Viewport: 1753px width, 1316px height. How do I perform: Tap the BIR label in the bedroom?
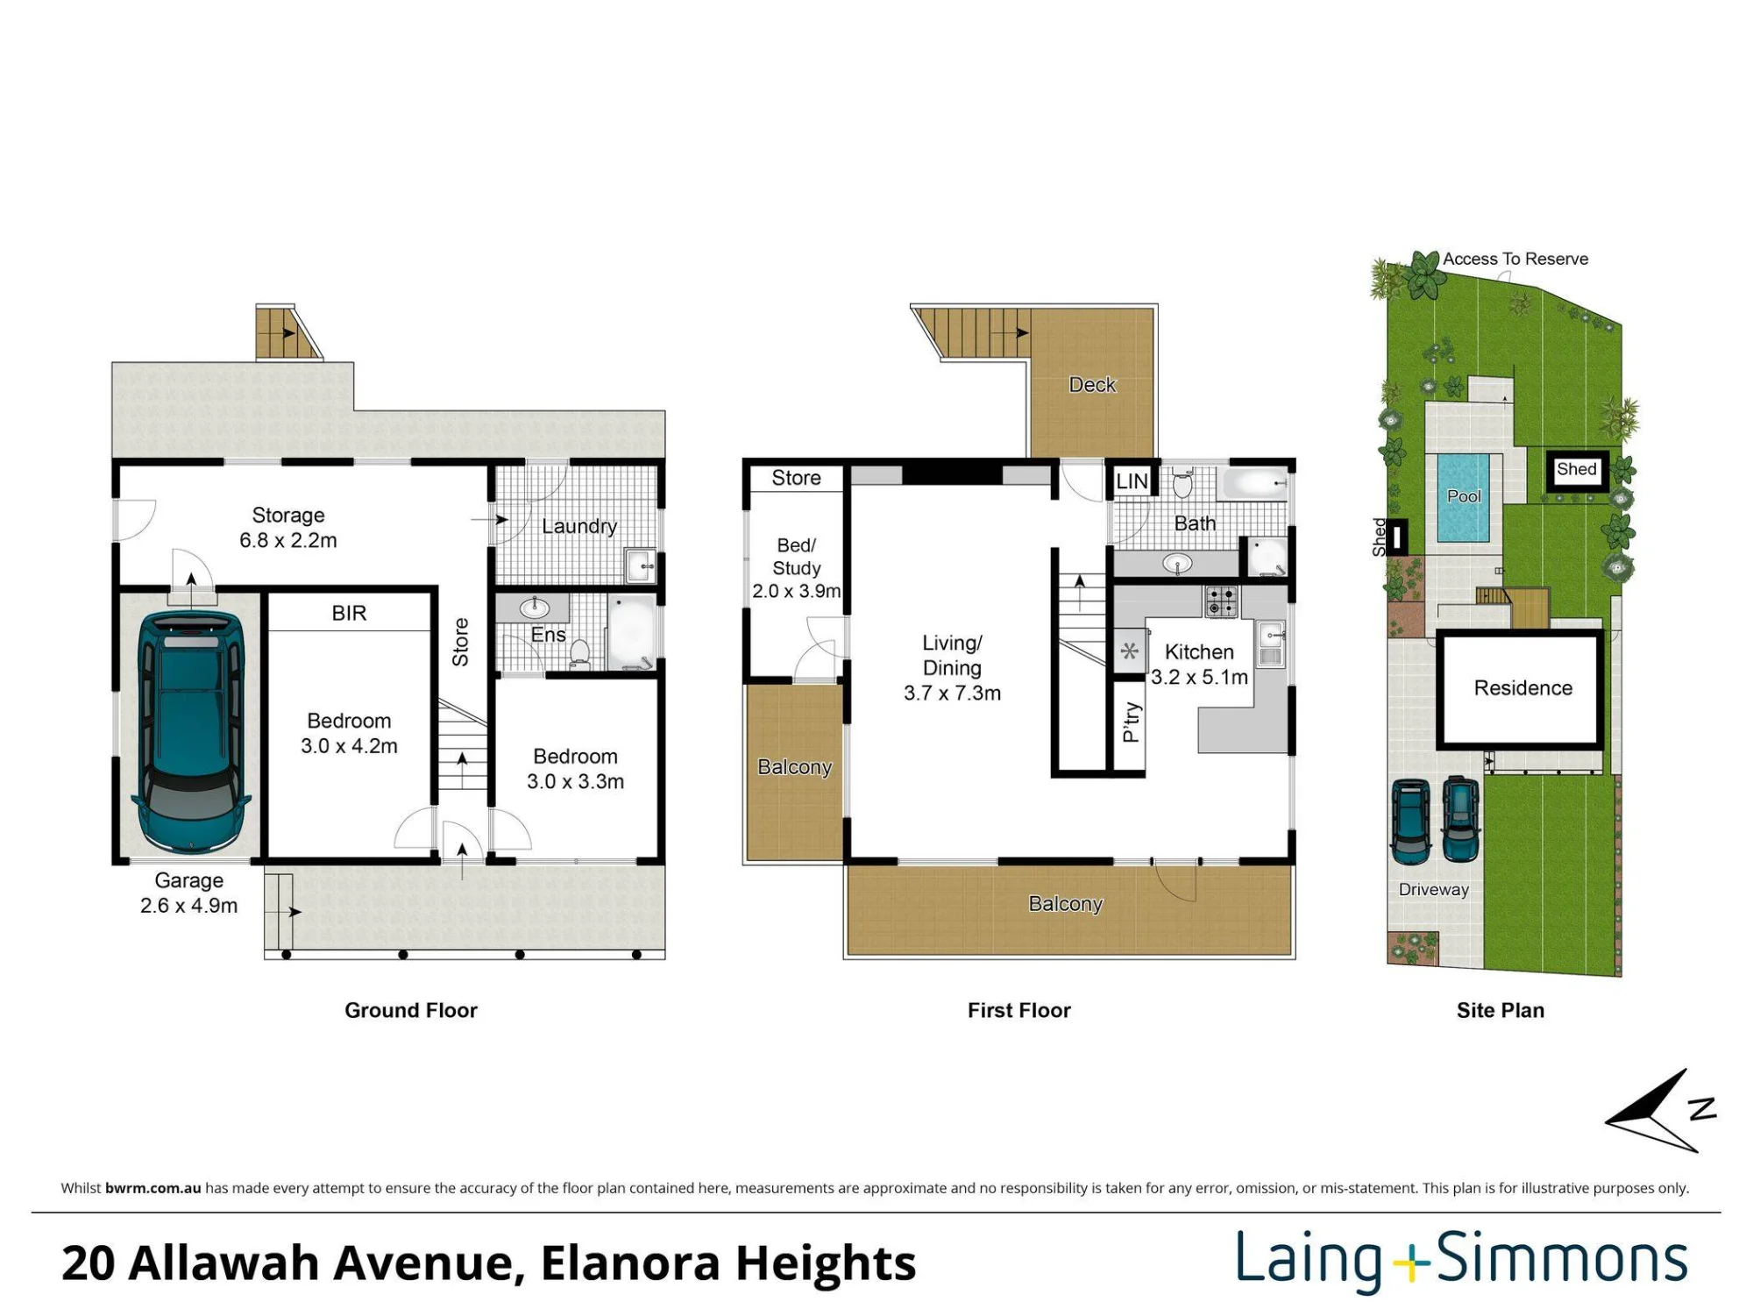coord(349,613)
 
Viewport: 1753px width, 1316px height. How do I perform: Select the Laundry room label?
coord(579,526)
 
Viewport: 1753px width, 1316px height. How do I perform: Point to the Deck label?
coord(1092,385)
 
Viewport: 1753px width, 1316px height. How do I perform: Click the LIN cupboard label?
coord(1132,481)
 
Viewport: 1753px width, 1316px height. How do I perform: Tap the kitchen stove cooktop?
coord(1221,601)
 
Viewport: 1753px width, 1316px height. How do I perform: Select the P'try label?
coord(1132,722)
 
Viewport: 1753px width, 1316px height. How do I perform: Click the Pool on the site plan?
coord(1464,497)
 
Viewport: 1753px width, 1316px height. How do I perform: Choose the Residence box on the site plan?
coord(1522,688)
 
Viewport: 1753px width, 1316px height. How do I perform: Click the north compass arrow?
coord(1651,1111)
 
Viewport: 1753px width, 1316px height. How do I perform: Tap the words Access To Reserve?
coord(1515,259)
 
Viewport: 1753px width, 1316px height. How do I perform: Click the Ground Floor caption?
coord(411,1010)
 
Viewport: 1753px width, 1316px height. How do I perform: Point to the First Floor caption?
coord(1019,1010)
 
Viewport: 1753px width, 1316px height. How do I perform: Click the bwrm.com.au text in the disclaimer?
coord(153,1188)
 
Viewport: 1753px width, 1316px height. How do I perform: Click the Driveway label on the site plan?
coord(1434,889)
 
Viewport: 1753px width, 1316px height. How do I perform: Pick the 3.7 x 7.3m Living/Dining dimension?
coord(952,693)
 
